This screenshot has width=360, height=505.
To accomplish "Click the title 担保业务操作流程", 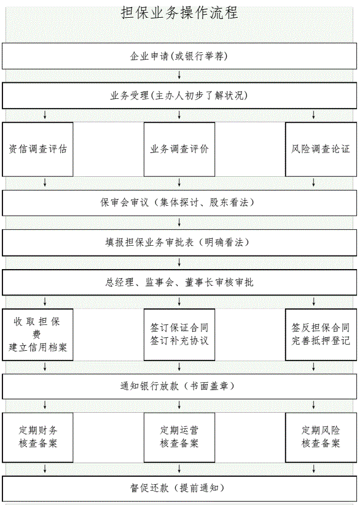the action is pyautogui.click(x=179, y=13).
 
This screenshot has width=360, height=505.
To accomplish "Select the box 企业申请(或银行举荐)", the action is pyautogui.click(x=179, y=56).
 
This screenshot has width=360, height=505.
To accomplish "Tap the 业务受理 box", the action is pyautogui.click(x=179, y=96).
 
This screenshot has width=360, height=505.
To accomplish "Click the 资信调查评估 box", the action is pyautogui.click(x=37, y=149).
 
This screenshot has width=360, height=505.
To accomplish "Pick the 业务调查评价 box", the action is pyautogui.click(x=179, y=149).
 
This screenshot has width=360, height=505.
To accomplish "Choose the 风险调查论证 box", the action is pyautogui.click(x=321, y=149).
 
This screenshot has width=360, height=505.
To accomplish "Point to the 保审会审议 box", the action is pyautogui.click(x=179, y=203).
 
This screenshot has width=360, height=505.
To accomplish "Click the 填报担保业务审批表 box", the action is pyautogui.click(x=179, y=243).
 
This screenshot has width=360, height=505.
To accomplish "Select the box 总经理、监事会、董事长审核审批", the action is pyautogui.click(x=179, y=283).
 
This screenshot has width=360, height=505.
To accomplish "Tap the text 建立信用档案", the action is pyautogui.click(x=37, y=348).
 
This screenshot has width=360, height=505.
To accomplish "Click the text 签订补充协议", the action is pyautogui.click(x=179, y=341).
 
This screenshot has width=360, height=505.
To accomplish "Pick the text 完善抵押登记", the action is pyautogui.click(x=321, y=341).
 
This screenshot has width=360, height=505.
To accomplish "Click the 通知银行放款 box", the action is pyautogui.click(x=179, y=386).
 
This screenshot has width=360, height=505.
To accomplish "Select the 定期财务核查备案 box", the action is pyautogui.click(x=37, y=437).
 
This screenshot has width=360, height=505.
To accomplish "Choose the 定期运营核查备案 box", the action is pyautogui.click(x=179, y=437).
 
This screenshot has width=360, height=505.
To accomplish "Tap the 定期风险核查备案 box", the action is pyautogui.click(x=321, y=437).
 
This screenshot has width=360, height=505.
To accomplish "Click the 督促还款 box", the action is pyautogui.click(x=179, y=488).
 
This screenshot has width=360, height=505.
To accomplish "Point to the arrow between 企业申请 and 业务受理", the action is pyautogui.click(x=179, y=76).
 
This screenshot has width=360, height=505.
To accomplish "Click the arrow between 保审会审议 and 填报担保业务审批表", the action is pyautogui.click(x=179, y=222).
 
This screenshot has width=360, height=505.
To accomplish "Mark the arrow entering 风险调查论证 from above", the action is pyautogui.click(x=314, y=115).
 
